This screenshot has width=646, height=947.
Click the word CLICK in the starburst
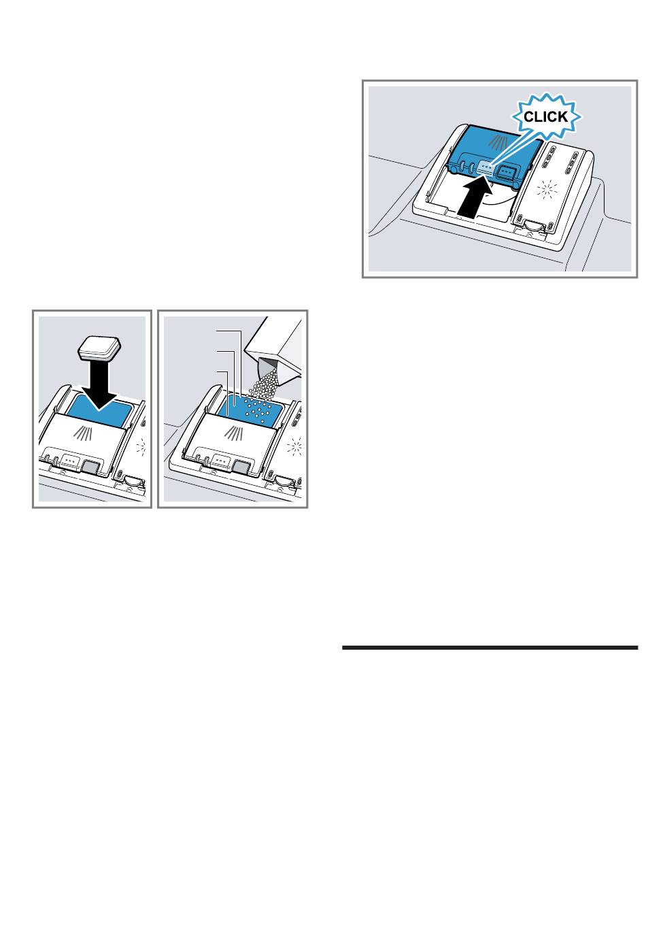click(545, 117)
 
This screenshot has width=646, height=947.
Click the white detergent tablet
click(100, 347)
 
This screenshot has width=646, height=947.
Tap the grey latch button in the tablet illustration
click(90, 467)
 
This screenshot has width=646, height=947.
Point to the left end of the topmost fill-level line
click(217, 331)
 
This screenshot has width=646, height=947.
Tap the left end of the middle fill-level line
click(217, 350)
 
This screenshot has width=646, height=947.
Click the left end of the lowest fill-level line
click(217, 371)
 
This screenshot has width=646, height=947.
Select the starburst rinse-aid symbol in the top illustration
click(547, 190)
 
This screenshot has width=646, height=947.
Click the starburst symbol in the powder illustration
click(295, 447)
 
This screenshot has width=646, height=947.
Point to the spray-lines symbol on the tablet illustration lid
click(83, 433)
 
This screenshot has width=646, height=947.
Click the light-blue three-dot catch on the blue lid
click(487, 167)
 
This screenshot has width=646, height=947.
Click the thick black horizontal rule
click(490, 647)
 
